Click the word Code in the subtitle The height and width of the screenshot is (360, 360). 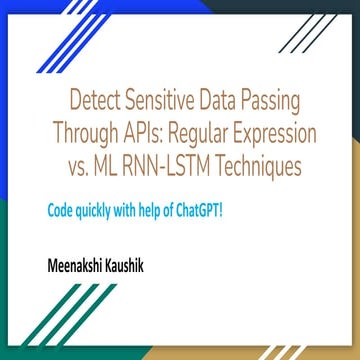click(61, 212)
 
